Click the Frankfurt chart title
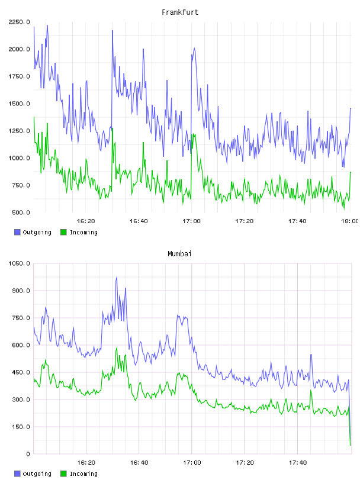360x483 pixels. (180, 12)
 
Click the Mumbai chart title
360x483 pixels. (179, 254)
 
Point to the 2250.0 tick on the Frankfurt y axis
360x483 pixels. (19, 22)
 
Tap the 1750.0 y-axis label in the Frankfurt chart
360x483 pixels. (19, 76)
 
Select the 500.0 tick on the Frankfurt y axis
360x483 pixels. (21, 212)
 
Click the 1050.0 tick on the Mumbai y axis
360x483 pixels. (19, 263)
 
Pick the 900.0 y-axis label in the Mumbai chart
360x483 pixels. (21, 291)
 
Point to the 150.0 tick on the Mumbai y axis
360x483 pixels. (21, 427)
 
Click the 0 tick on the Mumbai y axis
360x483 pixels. (28, 454)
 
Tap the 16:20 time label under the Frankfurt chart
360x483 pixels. (86, 221)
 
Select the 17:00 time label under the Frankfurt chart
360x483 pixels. (191, 221)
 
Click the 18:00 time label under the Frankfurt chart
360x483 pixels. (350, 221)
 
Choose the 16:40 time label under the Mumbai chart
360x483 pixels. (139, 463)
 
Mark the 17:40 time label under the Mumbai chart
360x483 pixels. (298, 463)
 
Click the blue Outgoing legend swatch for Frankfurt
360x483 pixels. (17, 232)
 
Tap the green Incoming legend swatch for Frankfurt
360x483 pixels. (63, 232)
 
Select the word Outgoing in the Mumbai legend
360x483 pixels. (37, 474)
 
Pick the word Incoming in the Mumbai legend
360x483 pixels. (83, 474)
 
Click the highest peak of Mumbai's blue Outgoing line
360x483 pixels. (117, 276)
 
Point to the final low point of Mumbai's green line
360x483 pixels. (350, 445)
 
